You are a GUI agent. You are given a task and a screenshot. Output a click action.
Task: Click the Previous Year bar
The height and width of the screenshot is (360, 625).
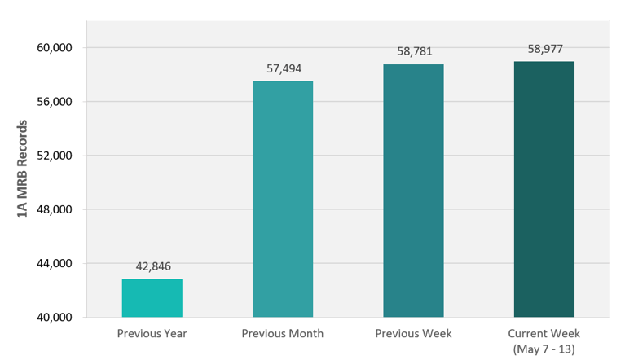152,298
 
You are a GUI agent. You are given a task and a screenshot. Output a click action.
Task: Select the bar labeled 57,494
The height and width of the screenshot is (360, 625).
283,199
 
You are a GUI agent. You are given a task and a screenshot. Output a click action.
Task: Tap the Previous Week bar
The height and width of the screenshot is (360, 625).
413,191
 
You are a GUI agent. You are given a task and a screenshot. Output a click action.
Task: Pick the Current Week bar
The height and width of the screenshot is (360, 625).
544,189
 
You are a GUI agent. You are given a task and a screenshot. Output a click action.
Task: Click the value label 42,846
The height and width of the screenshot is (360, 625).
152,266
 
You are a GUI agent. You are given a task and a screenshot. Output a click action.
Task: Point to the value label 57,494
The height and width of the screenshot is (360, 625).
283,69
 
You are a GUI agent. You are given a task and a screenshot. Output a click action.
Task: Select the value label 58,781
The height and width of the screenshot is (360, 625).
413,52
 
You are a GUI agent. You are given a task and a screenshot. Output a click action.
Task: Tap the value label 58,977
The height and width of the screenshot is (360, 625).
544,49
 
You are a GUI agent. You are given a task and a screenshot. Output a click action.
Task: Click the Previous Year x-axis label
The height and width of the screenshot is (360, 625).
152,334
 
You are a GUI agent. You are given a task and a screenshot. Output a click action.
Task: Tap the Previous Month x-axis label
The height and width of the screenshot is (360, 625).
283,334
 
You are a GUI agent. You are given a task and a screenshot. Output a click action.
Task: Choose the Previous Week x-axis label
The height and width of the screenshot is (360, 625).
413,334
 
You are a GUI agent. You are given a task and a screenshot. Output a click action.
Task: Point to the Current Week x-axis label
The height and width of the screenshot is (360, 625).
544,334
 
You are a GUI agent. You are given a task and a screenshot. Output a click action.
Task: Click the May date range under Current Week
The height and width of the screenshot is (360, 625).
544,349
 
